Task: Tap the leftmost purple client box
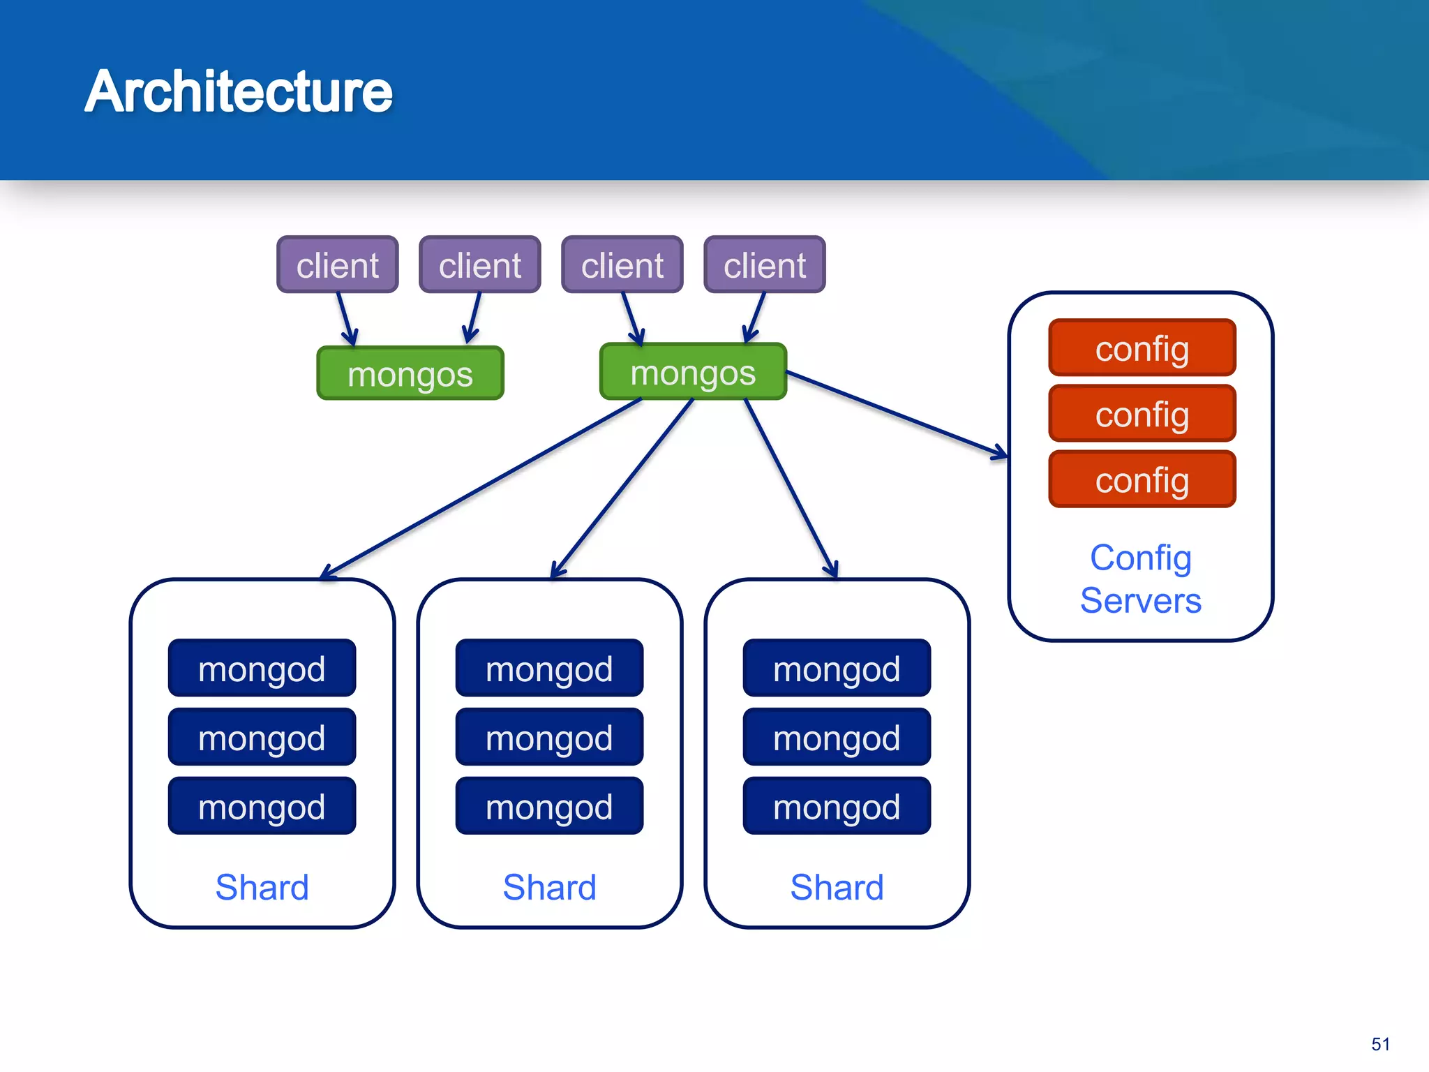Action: click(x=337, y=265)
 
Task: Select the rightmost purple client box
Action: click(x=765, y=265)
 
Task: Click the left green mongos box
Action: click(x=410, y=374)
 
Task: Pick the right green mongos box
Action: click(x=693, y=373)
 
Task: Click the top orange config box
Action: click(x=1142, y=348)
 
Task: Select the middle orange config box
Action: click(x=1142, y=414)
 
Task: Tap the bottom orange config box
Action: click(x=1142, y=479)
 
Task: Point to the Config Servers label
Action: click(x=1141, y=579)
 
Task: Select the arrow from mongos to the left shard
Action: click(x=481, y=488)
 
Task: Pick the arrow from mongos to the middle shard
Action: click(x=623, y=488)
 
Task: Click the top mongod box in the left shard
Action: click(x=262, y=669)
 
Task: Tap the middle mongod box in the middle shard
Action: click(x=549, y=738)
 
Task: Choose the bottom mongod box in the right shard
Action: click(x=837, y=807)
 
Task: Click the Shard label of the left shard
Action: click(x=262, y=887)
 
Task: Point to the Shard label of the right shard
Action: click(x=837, y=887)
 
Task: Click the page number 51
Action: click(x=1380, y=1044)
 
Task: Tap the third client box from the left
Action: click(x=622, y=265)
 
